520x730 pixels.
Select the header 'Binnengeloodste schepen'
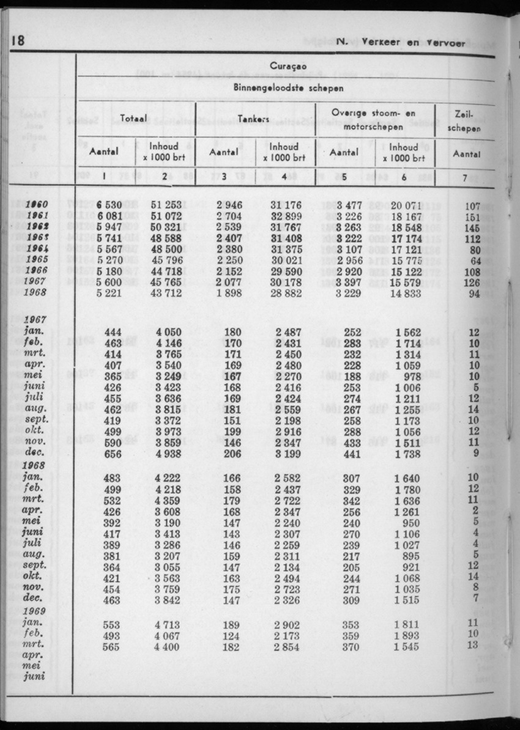286,87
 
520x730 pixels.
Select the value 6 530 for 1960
110,205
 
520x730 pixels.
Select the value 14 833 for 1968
404,293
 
